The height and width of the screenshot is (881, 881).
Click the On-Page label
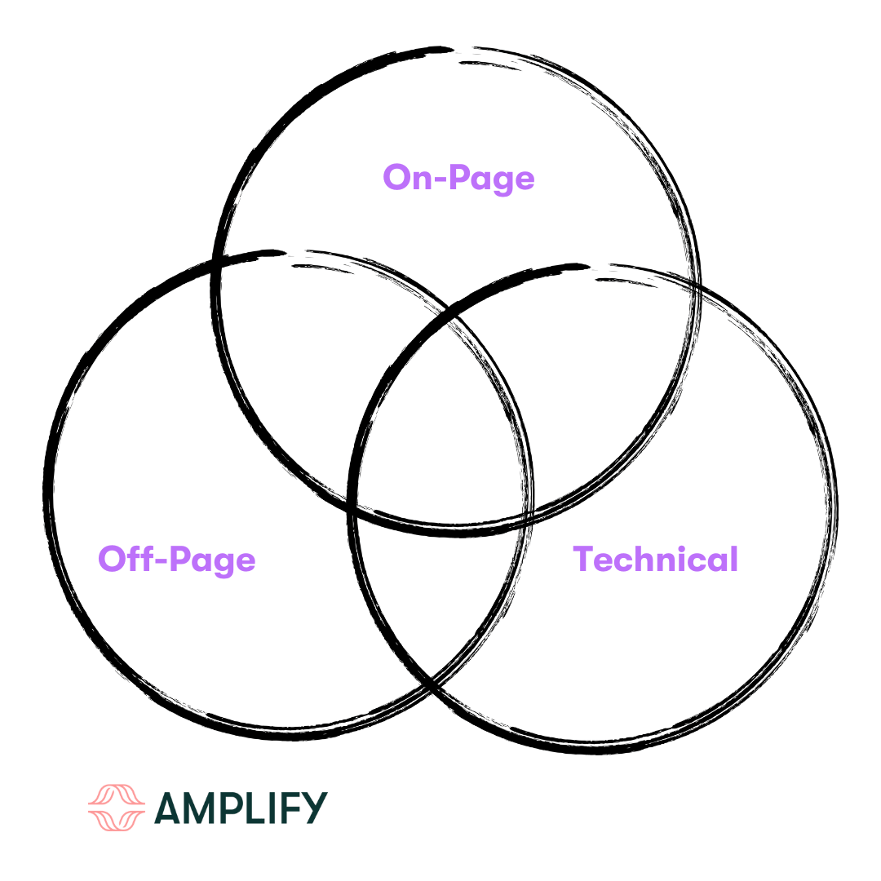point(458,177)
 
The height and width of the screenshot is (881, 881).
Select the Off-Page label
point(176,560)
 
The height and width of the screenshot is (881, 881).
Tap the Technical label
point(655,560)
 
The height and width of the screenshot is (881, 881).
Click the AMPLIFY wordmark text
point(241,808)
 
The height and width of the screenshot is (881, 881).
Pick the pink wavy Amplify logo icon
point(116,808)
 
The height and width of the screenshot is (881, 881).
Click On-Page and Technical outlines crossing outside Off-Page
point(695,286)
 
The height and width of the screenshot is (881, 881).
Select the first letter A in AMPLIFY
point(170,808)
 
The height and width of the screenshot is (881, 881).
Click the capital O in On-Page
point(396,177)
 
